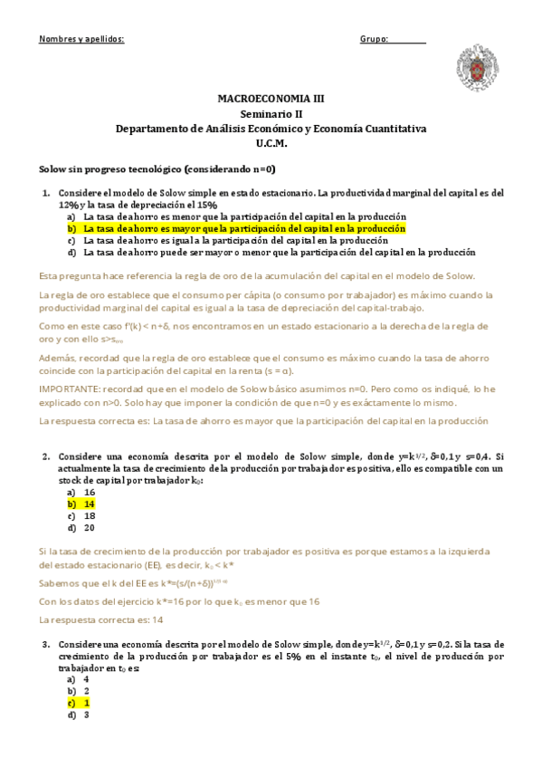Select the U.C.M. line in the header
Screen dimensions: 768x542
pyautogui.click(x=271, y=144)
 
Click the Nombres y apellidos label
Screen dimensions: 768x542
pyautogui.click(x=81, y=40)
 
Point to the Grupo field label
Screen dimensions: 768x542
pyautogui.click(x=374, y=40)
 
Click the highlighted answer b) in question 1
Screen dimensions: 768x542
pyautogui.click(x=243, y=229)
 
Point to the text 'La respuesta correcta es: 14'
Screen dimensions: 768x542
pyautogui.click(x=101, y=619)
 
